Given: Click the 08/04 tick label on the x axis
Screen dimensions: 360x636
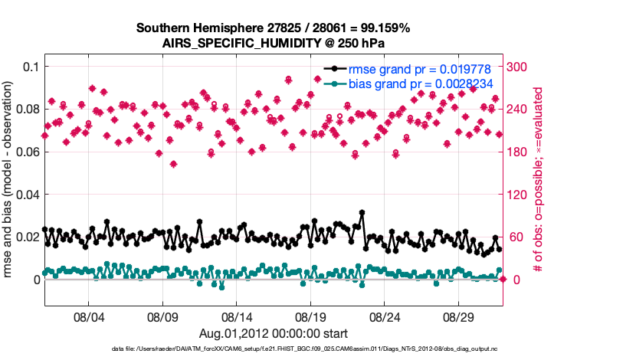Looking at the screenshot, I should (x=87, y=316).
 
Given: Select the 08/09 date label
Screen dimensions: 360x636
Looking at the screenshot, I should (x=162, y=316).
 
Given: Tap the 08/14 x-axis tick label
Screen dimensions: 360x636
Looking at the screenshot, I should (x=237, y=316).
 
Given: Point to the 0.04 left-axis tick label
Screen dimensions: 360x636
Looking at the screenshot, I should (x=26, y=195).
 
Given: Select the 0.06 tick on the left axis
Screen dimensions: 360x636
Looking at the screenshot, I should (x=26, y=152).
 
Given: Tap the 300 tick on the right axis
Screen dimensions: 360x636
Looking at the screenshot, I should (x=518, y=67).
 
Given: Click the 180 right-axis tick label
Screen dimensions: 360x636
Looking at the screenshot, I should (x=518, y=152).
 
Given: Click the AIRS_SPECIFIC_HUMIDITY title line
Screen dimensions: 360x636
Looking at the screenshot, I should (x=273, y=43).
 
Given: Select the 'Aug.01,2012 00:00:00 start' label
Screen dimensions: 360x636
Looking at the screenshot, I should (x=274, y=333).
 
